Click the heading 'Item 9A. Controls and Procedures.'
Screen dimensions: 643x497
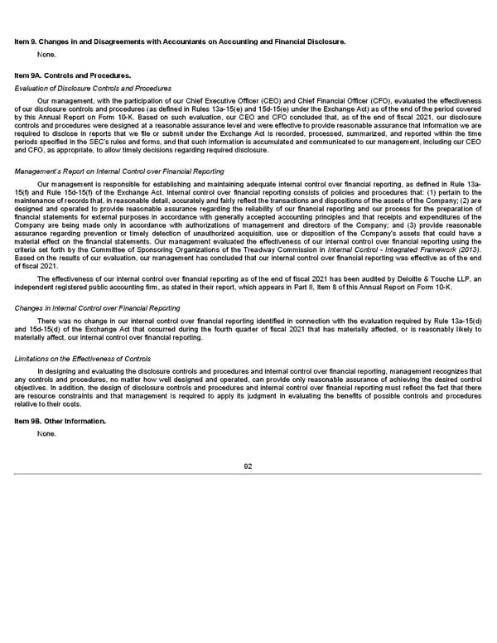(72, 75)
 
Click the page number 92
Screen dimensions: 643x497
(248, 466)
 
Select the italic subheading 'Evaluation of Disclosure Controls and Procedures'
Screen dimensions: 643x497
(93, 88)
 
